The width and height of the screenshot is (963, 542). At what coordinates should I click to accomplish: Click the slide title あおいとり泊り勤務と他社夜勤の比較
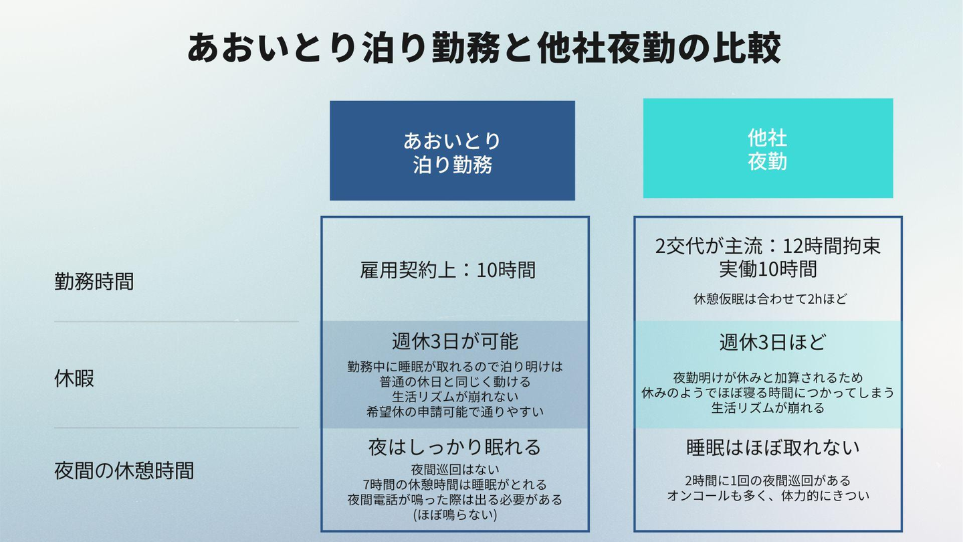pos(483,48)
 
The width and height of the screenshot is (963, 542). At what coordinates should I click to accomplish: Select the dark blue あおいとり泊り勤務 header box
pos(452,151)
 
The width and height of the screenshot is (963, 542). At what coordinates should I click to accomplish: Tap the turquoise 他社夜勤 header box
pos(768,149)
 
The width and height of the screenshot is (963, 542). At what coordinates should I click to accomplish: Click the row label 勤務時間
pos(94,281)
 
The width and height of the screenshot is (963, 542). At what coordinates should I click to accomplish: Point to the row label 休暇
pos(74,379)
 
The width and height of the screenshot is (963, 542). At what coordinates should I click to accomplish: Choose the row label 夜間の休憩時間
pos(124,470)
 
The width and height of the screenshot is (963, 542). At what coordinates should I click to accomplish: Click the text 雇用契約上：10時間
pos(448,270)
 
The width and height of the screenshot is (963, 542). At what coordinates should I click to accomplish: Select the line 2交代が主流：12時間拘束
pos(768,246)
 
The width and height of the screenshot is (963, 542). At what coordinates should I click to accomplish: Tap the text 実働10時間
pos(768,269)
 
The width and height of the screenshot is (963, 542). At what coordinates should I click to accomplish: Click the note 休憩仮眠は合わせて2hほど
pos(770,299)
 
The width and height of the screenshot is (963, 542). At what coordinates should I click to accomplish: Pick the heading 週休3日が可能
pos(455,341)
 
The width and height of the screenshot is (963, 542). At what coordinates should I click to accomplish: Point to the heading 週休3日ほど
pos(772,342)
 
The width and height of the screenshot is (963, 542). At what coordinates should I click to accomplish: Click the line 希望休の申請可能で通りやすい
pos(455,412)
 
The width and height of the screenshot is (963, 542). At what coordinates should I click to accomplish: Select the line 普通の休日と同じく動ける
pos(455,381)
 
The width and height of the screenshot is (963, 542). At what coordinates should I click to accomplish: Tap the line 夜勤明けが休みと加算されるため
pos(768,377)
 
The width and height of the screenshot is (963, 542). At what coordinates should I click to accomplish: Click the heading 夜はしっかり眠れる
pos(455,446)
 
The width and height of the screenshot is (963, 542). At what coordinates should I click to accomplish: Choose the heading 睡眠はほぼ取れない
pos(772,448)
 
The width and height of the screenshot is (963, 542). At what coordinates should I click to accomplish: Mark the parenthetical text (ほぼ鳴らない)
pos(455,515)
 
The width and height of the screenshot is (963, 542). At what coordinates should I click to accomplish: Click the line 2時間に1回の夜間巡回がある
pos(768,480)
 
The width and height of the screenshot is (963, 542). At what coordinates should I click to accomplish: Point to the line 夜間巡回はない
pos(455,469)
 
